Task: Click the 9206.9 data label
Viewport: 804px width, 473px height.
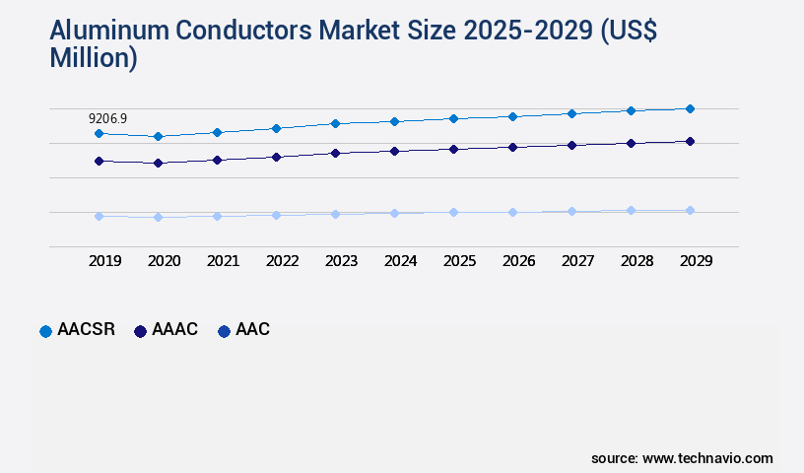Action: point(108,118)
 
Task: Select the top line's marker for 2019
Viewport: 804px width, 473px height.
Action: point(99,133)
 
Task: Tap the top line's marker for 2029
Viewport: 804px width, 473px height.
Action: point(690,108)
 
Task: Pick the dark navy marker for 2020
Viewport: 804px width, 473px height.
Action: point(158,163)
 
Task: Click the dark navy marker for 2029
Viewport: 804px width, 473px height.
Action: point(690,141)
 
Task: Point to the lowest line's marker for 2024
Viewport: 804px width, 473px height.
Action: point(394,213)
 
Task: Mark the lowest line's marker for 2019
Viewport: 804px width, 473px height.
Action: point(99,216)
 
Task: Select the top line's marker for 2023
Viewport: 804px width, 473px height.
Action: point(335,123)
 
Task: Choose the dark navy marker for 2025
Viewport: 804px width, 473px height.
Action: point(453,149)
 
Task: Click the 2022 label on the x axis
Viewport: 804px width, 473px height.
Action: point(282,261)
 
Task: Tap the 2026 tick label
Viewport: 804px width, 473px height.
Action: point(518,261)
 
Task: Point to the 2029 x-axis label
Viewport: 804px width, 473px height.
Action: point(696,261)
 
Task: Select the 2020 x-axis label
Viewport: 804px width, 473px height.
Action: point(164,261)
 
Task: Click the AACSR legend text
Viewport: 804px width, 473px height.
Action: point(86,330)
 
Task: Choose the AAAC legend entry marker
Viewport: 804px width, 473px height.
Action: point(140,331)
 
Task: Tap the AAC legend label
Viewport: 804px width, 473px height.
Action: point(252,330)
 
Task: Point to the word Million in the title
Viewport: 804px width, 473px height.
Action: point(93,58)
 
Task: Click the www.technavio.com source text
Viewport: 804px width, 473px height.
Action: point(707,458)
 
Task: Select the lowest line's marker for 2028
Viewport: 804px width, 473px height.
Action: point(631,210)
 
